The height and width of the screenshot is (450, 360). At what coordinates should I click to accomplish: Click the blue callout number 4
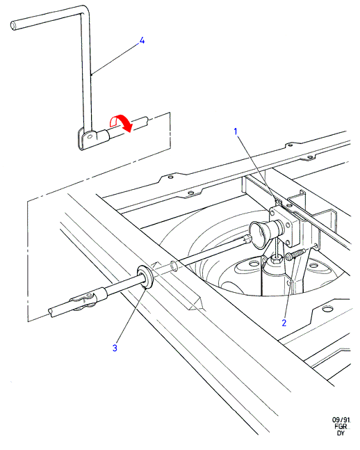click(x=142, y=41)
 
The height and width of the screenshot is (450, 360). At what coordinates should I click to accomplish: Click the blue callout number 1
click(x=236, y=131)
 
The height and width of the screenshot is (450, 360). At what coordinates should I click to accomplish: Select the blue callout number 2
click(x=284, y=323)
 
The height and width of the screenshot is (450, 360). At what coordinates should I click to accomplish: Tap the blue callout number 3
click(x=115, y=348)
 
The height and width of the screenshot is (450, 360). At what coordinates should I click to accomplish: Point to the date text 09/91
click(x=341, y=420)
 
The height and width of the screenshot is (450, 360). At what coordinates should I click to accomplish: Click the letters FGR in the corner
click(x=341, y=426)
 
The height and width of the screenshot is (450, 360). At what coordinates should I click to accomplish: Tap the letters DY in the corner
click(x=341, y=433)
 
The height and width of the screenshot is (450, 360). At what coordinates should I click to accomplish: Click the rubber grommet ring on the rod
click(x=145, y=277)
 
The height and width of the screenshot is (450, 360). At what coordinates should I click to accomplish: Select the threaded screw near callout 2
click(x=295, y=255)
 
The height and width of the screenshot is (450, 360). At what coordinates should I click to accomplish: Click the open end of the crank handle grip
click(x=13, y=26)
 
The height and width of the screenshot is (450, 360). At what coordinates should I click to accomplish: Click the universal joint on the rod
click(x=84, y=300)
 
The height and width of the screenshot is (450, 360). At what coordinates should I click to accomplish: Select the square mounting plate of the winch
click(x=284, y=225)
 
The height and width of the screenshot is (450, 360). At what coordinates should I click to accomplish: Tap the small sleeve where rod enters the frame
click(x=174, y=266)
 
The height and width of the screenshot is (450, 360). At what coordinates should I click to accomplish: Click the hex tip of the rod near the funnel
click(x=247, y=238)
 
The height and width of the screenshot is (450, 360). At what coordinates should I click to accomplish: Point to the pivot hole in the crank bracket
click(x=90, y=136)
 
